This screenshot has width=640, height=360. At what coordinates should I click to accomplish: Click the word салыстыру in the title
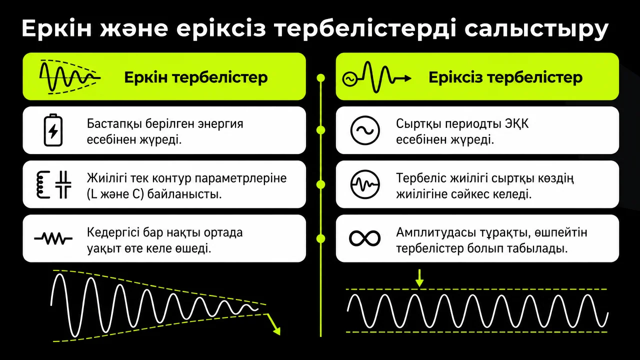click(x=536, y=29)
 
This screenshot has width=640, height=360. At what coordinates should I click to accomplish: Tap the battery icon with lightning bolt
click(x=53, y=130)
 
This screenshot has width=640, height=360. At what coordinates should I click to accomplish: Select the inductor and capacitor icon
click(x=53, y=184)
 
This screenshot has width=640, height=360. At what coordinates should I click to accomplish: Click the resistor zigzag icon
click(x=53, y=238)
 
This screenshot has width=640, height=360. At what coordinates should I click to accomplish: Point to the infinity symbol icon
click(x=365, y=238)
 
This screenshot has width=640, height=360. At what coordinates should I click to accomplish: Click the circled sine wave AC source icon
click(x=365, y=130)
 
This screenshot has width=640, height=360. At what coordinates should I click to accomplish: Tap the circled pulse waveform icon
click(x=365, y=184)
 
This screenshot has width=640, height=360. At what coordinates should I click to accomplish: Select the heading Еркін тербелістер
click(x=195, y=77)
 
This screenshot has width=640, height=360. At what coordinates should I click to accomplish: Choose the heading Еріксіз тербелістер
click(x=505, y=77)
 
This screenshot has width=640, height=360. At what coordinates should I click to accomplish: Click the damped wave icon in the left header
click(x=70, y=77)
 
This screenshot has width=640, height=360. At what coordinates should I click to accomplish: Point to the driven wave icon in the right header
click(x=376, y=77)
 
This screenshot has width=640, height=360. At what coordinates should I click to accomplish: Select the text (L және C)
click(x=115, y=194)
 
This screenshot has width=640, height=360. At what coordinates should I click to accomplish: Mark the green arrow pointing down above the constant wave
click(x=419, y=277)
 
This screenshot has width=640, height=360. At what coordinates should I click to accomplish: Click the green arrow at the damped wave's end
click(x=273, y=324)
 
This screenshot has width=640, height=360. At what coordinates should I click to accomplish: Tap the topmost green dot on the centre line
click(x=321, y=77)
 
